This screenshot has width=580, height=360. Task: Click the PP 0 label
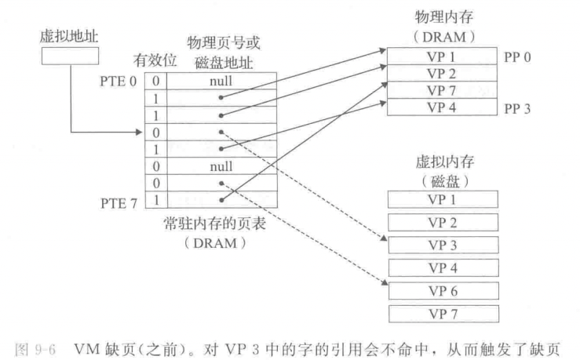518,57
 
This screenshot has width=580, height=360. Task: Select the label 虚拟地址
70,35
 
